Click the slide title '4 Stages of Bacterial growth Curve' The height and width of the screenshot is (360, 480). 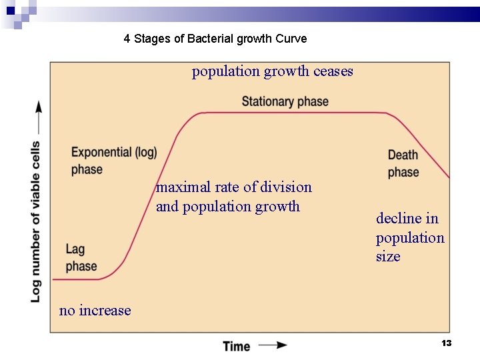215,39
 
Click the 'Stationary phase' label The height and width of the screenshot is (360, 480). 285,101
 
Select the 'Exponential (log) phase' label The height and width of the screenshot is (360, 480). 114,161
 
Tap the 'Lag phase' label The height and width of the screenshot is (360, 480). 81,257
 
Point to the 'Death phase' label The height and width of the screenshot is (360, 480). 403,163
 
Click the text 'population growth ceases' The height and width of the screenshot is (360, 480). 272,71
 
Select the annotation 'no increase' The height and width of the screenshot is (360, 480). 95,310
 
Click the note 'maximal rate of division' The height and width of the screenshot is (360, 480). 233,187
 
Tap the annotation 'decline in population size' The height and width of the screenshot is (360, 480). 409,237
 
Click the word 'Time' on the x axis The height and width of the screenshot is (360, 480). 237,346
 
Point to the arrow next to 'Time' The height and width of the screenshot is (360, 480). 273,345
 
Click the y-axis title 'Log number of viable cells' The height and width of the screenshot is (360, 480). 35,221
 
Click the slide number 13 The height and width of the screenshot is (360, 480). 447,343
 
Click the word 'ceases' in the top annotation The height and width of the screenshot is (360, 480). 333,71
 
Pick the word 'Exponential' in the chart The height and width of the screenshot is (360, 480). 101,152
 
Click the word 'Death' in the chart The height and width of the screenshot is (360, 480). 403,155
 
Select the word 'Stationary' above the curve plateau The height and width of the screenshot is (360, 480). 267,101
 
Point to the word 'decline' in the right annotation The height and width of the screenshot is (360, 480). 398,218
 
